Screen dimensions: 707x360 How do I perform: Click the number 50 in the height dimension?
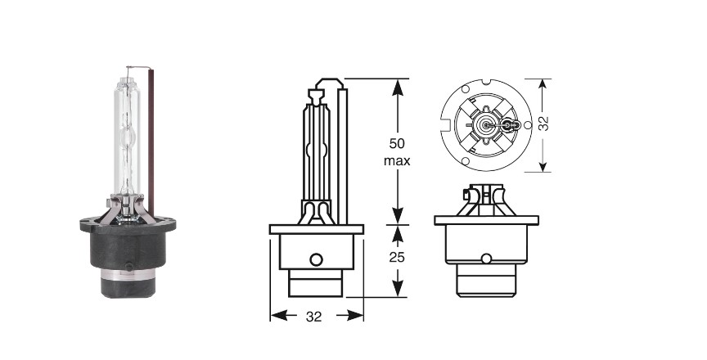397,143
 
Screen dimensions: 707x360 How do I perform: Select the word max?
397,160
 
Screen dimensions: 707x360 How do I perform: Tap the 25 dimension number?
397,257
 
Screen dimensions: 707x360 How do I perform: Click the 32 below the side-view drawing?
314,317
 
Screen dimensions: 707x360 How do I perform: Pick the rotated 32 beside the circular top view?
544,124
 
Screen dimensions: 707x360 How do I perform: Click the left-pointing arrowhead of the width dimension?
280,315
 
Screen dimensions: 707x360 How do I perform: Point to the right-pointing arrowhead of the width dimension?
354,315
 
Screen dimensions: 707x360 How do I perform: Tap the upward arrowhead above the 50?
397,88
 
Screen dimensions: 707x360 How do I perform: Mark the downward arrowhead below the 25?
397,288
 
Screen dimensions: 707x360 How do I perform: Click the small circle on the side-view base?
316,259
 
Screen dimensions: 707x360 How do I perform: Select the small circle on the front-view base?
486,259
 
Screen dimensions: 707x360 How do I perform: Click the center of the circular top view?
486,125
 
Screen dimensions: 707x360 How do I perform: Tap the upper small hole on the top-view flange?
466,89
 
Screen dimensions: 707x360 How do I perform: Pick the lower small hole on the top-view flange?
466,161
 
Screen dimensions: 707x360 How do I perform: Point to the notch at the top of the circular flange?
486,82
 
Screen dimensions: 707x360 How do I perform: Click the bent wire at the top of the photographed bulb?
138,68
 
